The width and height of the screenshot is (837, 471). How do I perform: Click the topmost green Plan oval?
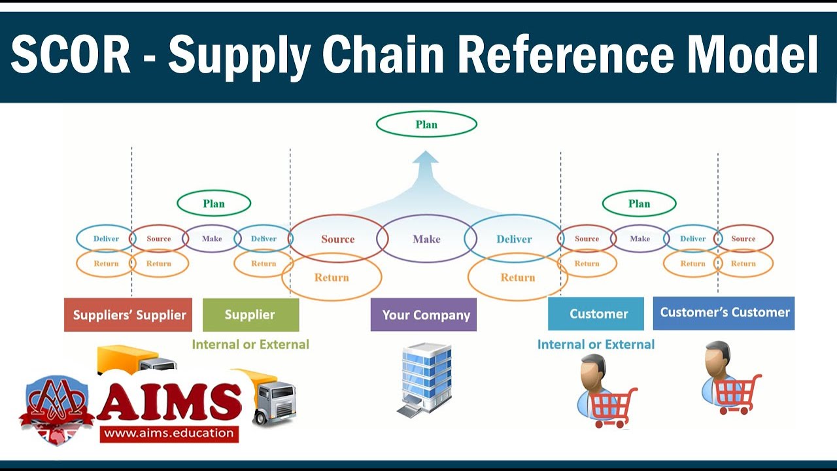426,124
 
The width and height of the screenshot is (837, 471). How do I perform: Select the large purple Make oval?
426,239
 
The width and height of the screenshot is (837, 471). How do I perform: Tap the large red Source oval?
337,239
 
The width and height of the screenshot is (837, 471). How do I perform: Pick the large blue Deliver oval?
514,239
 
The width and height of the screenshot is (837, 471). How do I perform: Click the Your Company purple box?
424,315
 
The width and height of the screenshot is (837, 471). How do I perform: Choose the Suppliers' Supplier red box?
128,315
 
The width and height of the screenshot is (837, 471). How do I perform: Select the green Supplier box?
250,315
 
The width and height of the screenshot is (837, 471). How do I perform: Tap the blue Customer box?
596,314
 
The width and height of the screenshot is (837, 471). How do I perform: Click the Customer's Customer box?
724,313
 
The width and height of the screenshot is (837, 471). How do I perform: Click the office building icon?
425,379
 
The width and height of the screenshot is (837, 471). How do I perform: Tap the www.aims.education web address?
169,432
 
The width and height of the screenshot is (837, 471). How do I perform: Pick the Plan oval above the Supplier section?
214,203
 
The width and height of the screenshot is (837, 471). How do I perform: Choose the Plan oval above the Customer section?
639,203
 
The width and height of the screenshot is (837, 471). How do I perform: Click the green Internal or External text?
250,344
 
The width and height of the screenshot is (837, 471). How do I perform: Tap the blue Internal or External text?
596,344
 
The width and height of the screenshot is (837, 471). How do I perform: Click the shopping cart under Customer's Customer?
737,393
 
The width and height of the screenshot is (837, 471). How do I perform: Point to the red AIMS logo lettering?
169,400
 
